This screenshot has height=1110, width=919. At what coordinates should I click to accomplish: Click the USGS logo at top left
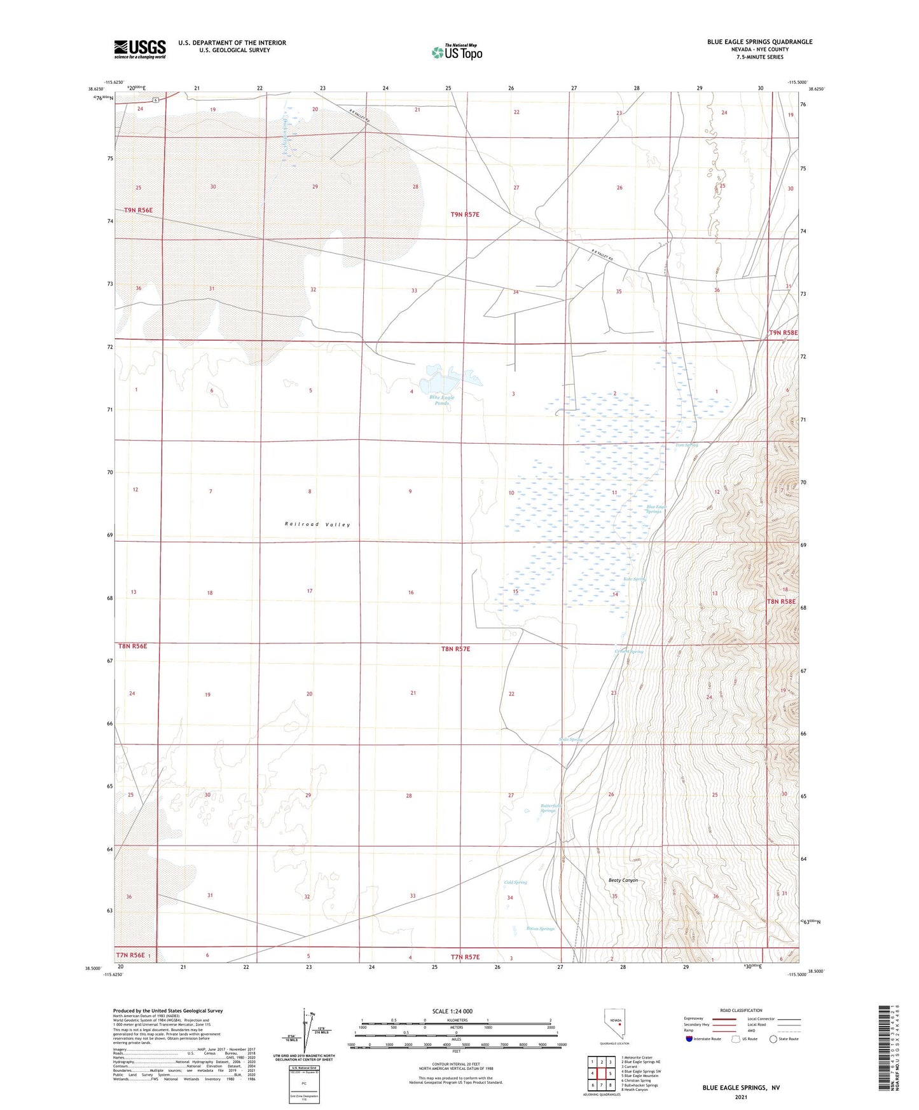(140, 48)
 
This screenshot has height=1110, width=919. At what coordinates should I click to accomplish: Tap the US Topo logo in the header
(457, 52)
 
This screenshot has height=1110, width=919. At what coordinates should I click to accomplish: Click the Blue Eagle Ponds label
(441, 400)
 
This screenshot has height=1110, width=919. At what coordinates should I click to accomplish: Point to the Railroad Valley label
(317, 524)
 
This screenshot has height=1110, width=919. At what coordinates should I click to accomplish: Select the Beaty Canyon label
(623, 880)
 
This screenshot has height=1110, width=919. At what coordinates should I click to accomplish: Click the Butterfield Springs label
(548, 808)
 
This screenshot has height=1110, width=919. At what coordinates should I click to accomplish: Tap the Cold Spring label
(515, 882)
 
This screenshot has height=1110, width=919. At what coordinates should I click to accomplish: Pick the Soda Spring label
(570, 739)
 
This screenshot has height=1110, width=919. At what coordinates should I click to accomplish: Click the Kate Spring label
(634, 579)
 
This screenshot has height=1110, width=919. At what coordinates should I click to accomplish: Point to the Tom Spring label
(686, 445)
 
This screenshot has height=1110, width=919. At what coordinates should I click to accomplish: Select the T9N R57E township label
(465, 215)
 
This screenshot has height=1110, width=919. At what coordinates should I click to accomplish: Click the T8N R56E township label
(133, 646)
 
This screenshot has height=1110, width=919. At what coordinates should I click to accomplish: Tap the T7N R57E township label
(466, 957)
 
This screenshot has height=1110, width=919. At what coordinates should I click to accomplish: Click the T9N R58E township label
(783, 333)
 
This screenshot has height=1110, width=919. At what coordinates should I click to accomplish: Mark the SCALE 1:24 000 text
(452, 1011)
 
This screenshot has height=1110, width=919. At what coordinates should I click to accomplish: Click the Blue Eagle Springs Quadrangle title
(759, 42)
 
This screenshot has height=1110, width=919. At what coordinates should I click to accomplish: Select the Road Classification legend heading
(741, 1010)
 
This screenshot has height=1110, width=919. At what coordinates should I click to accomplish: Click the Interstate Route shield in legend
(689, 1039)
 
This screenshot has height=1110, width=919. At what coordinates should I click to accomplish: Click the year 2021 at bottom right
(740, 1097)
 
